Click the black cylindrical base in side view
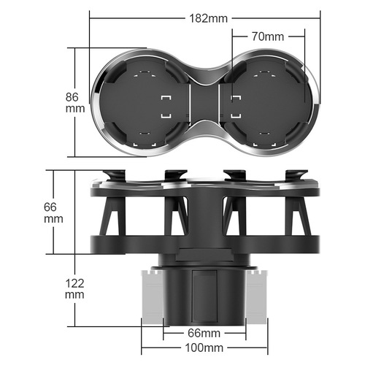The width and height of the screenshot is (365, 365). pyautogui.click(x=204, y=296)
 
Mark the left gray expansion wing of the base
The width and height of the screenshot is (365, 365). pyautogui.click(x=151, y=296)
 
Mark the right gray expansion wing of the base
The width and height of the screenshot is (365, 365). pyautogui.click(x=257, y=296)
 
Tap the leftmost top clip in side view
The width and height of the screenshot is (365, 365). pyautogui.click(x=115, y=176)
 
